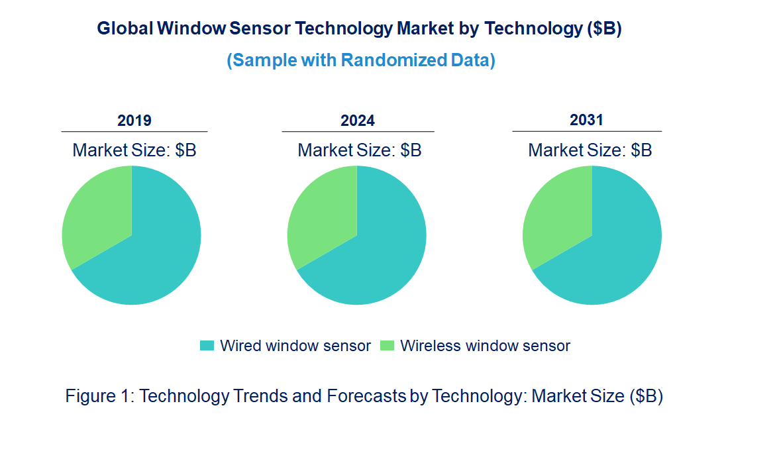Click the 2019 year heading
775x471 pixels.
tap(134, 121)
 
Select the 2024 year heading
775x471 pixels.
tap(358, 121)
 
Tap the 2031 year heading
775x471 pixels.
tap(587, 120)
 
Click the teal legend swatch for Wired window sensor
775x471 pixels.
tap(207, 346)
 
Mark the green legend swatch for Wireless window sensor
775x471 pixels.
tap(387, 346)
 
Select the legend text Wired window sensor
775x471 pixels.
tap(295, 346)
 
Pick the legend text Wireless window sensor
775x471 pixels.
tap(485, 346)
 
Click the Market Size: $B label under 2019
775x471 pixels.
tap(134, 150)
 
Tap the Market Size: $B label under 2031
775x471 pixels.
tap(590, 150)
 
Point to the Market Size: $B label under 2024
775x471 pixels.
tap(360, 150)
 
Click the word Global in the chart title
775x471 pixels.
tap(125, 29)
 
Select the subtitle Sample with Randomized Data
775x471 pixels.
tap(361, 60)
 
